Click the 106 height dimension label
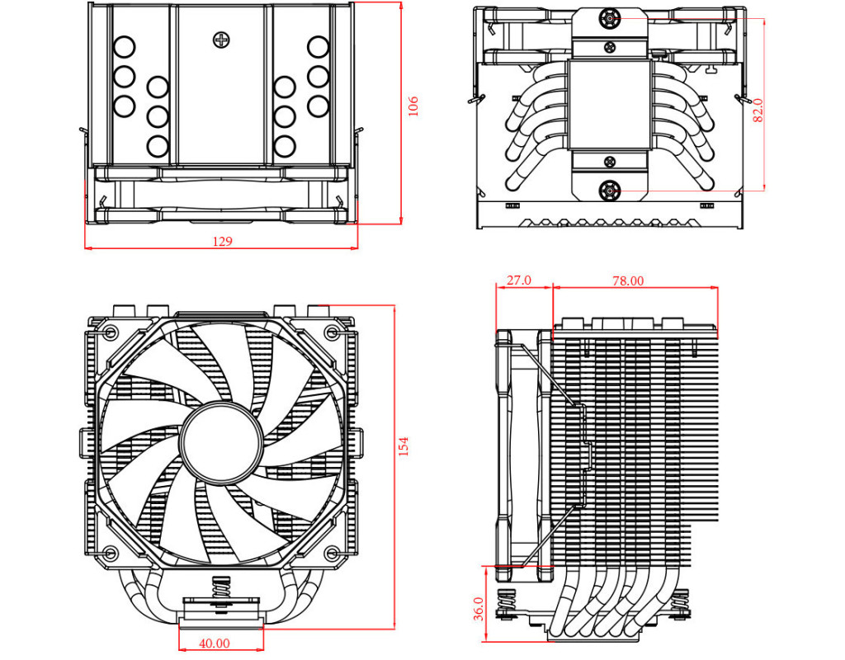[413, 106]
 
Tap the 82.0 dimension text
[758, 110]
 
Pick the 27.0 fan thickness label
[518, 280]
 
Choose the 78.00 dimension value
[628, 280]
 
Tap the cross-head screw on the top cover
[220, 39]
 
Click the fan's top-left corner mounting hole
[111, 332]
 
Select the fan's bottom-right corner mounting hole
[331, 551]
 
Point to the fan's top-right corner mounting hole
[331, 332]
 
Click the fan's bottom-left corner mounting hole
[111, 551]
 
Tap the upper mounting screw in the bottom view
[610, 18]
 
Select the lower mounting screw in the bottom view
[610, 191]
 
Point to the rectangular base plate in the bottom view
[609, 104]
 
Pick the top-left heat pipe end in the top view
[124, 46]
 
